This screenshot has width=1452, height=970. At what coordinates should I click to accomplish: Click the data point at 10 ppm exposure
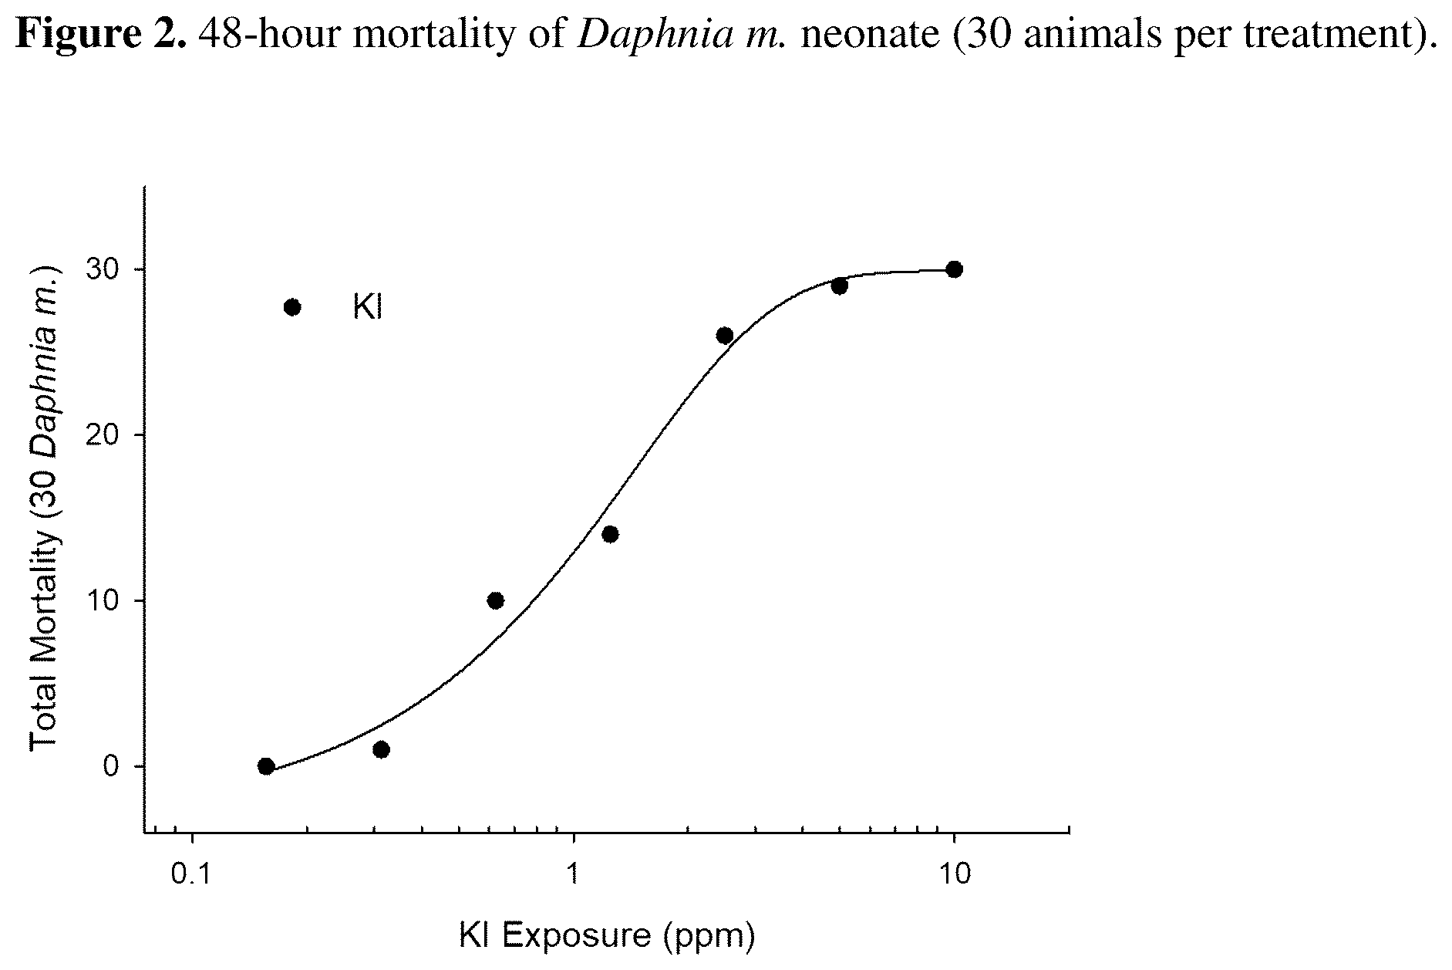click(954, 269)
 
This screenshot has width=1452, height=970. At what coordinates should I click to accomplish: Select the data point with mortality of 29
click(840, 286)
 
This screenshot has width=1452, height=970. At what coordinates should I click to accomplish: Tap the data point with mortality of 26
click(725, 336)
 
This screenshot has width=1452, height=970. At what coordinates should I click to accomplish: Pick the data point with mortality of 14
click(610, 534)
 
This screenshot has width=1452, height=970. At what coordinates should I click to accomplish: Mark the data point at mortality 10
click(496, 600)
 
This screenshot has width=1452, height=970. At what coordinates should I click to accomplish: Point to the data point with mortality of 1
click(381, 749)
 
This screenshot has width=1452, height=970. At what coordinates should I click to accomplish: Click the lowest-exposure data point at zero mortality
click(266, 766)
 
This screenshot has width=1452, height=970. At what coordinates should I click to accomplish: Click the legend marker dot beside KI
click(292, 307)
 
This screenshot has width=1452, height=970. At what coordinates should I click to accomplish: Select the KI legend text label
click(368, 308)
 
